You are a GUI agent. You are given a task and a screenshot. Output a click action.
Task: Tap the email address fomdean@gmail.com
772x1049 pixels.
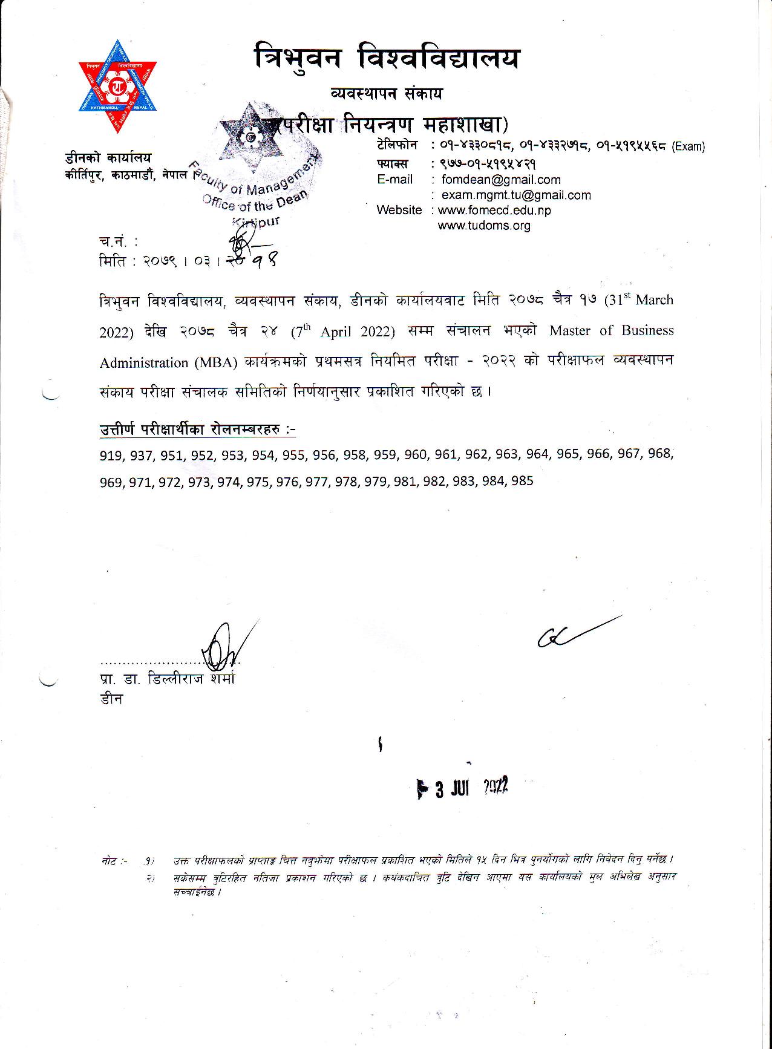tap(501, 180)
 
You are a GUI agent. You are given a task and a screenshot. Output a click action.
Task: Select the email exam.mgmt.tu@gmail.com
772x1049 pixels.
tap(516, 195)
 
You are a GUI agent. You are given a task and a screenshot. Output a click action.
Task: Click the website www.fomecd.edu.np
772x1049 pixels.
tap(494, 210)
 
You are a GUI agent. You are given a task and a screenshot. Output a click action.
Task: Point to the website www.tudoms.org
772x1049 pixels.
tap(484, 226)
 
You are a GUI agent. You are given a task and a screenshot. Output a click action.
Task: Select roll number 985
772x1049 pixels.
tap(522, 482)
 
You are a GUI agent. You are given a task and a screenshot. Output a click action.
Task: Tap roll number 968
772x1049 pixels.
tap(659, 453)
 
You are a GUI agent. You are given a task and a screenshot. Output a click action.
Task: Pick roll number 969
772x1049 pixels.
tap(111, 483)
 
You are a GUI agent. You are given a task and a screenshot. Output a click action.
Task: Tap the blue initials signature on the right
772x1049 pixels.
tap(575, 631)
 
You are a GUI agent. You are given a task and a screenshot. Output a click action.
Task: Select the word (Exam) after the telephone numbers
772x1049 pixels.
tap(689, 146)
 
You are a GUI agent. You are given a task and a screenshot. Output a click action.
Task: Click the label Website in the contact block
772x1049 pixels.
tap(399, 210)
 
